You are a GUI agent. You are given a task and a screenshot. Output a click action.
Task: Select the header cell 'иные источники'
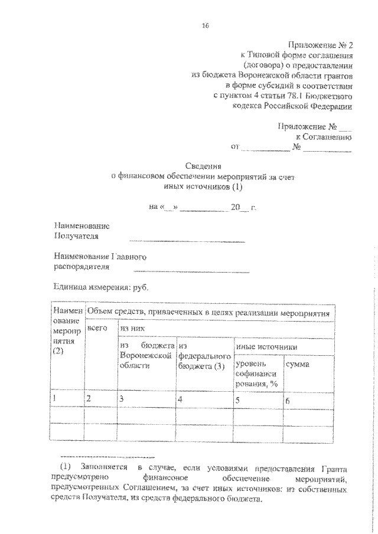266,347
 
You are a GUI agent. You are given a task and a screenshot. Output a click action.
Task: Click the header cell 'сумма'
298,365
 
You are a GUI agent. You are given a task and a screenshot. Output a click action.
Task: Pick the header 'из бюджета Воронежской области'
146,356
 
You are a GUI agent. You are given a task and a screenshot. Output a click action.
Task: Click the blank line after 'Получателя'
187,240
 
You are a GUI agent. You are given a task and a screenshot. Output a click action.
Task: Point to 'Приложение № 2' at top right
321,44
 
